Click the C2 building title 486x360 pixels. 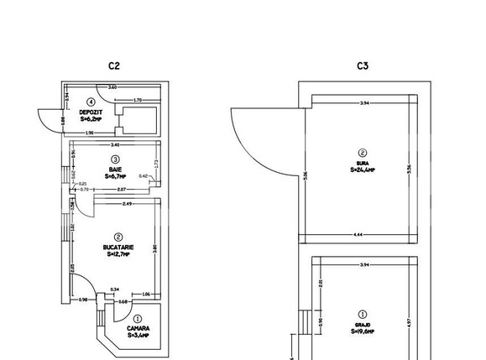coord(115,65)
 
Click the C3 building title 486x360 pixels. coord(363,65)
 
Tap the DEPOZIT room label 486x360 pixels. coord(91,112)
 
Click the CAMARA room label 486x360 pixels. coord(138,327)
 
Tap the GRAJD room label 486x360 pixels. coord(363,323)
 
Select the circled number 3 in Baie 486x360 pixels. coord(116,158)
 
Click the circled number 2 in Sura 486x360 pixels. coord(363,152)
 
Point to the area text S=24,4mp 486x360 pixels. coord(363,170)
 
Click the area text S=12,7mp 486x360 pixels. coord(116,255)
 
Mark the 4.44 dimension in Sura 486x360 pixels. coord(361,234)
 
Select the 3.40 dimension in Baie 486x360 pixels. coord(114,145)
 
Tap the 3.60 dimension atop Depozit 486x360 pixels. coord(112,88)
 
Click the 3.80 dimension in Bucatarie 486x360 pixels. coord(154,248)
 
